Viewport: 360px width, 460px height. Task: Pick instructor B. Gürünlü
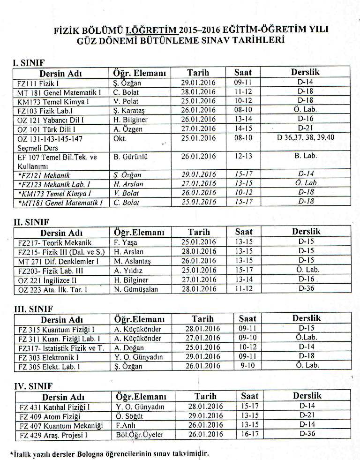pos(131,157)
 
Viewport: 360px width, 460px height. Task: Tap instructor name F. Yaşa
pos(124,242)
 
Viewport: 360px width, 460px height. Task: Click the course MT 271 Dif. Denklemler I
pos(59,261)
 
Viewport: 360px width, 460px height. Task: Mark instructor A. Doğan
pos(129,348)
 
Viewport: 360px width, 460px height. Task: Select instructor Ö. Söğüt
pos(129,416)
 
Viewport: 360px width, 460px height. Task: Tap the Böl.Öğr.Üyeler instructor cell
pos(140,435)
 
